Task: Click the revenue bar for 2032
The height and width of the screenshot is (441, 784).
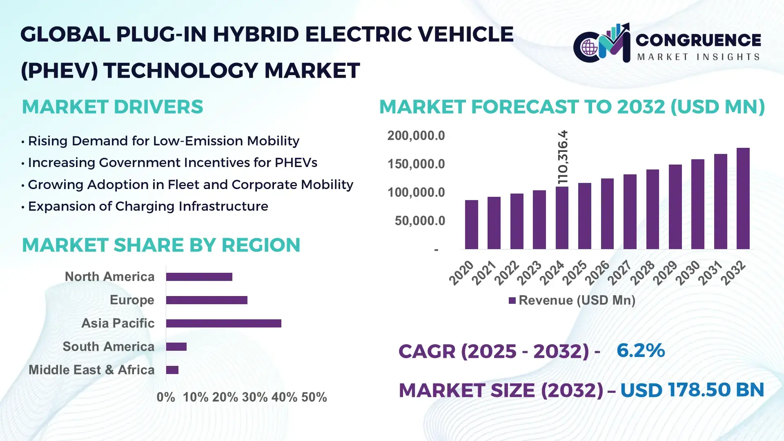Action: (743, 199)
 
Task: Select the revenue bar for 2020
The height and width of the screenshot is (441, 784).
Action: (471, 225)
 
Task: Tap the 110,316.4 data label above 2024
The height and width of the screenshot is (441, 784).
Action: (563, 157)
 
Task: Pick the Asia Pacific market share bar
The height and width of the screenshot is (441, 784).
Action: (223, 323)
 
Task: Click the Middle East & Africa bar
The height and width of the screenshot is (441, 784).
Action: (172, 370)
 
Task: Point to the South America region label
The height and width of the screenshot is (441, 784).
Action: (108, 347)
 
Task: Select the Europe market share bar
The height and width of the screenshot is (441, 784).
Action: (207, 300)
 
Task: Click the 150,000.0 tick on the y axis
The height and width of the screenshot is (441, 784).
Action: (416, 164)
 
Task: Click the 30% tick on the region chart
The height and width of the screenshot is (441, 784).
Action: (254, 397)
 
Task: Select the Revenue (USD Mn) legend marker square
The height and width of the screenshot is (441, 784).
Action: (512, 301)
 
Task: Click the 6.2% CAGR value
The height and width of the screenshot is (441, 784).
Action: (640, 351)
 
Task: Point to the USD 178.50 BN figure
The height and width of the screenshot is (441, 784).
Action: (692, 390)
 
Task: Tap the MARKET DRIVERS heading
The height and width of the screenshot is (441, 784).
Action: (112, 107)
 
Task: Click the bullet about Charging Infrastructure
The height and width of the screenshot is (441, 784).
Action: (148, 206)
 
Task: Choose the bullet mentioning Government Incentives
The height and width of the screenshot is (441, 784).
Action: (172, 163)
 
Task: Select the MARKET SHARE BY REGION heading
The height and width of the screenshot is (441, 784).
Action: (161, 245)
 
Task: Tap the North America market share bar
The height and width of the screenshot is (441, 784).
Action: (199, 277)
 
